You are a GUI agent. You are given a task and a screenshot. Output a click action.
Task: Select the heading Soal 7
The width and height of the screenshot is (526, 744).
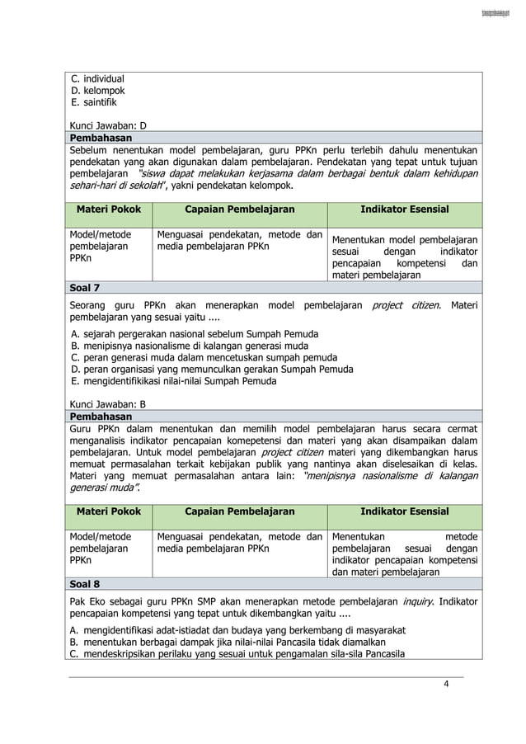tap(86, 289)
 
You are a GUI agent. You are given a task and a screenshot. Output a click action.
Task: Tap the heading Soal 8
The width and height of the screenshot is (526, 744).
tap(86, 583)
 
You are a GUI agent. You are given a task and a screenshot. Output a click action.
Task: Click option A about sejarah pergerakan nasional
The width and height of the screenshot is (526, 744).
tap(195, 334)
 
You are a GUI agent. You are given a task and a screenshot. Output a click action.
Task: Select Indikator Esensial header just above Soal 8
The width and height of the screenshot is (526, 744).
tap(404, 511)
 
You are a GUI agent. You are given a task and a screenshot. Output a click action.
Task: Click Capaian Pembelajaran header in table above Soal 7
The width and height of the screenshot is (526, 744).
tap(239, 210)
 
